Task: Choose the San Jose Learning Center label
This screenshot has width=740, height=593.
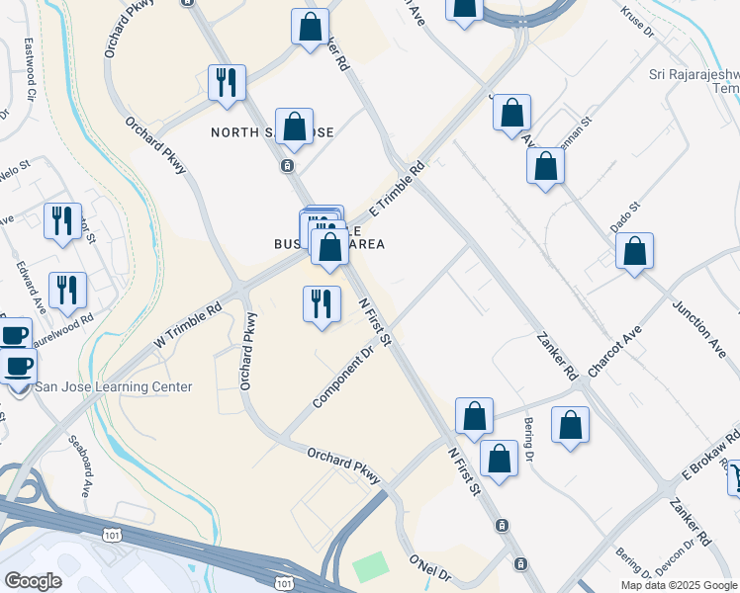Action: coord(114,386)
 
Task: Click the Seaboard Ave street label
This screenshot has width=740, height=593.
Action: coord(79,466)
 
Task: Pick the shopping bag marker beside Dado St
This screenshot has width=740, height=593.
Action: coord(634,251)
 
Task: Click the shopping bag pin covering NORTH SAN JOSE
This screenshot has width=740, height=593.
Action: coord(294,127)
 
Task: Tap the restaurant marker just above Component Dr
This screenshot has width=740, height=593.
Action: coord(321,303)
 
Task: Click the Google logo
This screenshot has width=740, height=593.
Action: coord(34,581)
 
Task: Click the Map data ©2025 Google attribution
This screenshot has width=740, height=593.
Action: coord(678,585)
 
